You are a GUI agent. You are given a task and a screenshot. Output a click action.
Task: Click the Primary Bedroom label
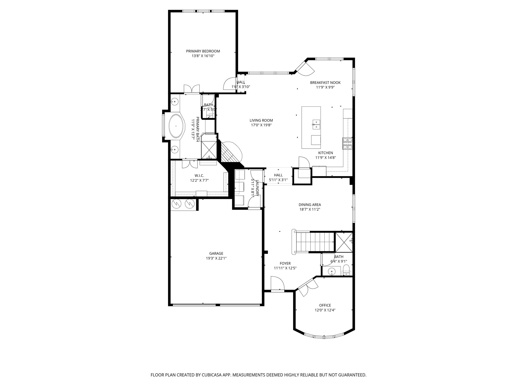(203, 51)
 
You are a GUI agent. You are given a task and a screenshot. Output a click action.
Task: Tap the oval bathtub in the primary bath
(176, 126)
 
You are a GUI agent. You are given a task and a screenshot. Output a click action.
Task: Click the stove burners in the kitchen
(347, 143)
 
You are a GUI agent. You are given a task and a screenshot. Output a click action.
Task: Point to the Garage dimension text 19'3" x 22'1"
(216, 258)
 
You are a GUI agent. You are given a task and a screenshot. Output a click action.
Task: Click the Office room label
(325, 305)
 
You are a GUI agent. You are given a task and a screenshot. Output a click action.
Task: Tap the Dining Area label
(310, 205)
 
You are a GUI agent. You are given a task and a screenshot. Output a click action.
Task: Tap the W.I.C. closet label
(199, 176)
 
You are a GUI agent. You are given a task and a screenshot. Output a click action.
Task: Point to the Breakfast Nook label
(325, 83)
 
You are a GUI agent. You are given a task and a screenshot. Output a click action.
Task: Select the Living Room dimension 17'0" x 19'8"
(261, 125)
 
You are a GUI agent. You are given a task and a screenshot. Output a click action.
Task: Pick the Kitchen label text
(325, 153)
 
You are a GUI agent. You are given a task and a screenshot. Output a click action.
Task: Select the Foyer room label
(285, 263)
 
